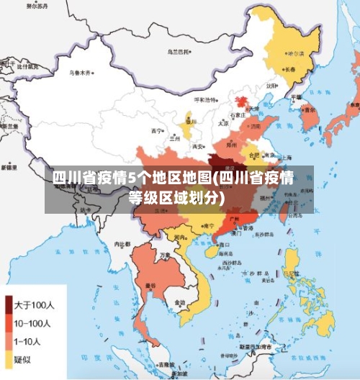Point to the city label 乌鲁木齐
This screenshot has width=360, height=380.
pyautogui.click(x=81, y=73)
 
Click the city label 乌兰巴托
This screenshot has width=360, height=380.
pyautogui.click(x=179, y=52)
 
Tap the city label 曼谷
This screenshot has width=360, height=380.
pyautogui.click(x=150, y=286)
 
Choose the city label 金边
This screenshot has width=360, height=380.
pyautogui.click(x=178, y=302)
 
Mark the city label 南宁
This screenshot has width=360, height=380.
pyautogui.click(x=208, y=225)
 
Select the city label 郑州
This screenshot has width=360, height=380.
pyautogui.click(x=231, y=145)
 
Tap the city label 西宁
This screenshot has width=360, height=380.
pyautogui.click(x=157, y=131)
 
